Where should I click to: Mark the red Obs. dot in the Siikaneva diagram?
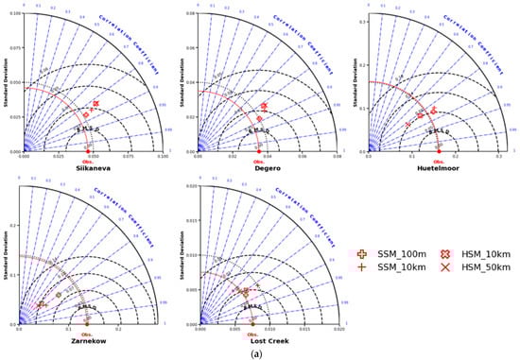click(89, 150)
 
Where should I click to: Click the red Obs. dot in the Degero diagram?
click(258, 150)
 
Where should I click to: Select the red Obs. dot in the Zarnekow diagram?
click(86, 324)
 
